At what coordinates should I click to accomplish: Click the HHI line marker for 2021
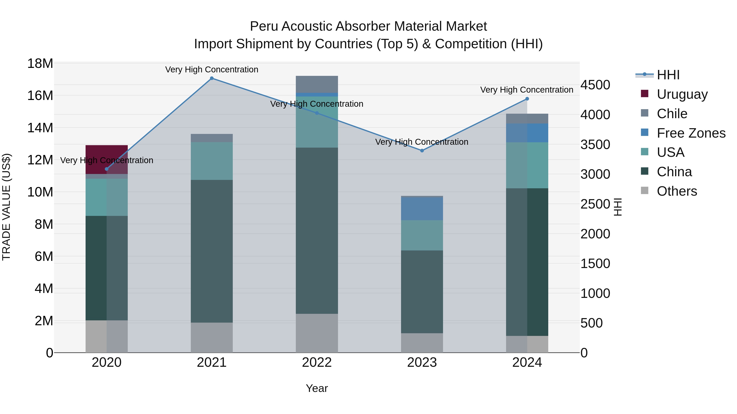pos(212,78)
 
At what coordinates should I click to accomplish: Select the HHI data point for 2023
pos(422,150)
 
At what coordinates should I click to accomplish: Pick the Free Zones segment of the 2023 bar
pos(422,209)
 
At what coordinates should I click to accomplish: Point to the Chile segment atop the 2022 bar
pos(317,84)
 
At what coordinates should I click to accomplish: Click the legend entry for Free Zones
pos(691,133)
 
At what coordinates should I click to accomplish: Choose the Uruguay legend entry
pos(682,94)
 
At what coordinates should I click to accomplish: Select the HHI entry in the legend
pos(668,75)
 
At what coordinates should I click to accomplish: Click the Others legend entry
pos(677,191)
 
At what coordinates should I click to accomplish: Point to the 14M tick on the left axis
pos(40,128)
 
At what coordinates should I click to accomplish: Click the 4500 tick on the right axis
pos(595,85)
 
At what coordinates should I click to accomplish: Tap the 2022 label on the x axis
pos(317,362)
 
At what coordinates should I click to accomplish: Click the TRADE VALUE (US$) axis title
pos(6,207)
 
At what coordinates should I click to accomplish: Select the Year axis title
pos(317,388)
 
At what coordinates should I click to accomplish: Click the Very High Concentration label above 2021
pos(212,70)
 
